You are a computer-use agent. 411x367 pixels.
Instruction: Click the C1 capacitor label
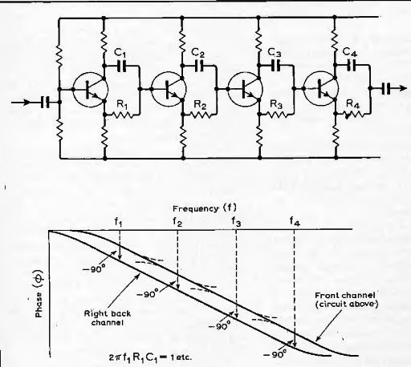tap(120, 52)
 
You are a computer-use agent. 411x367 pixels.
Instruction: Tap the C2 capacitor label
tap(198, 53)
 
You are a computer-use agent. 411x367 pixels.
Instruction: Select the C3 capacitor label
tap(275, 52)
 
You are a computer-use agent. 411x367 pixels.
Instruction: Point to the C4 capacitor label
tap(350, 51)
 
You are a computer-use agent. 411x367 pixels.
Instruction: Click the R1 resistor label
tap(122, 104)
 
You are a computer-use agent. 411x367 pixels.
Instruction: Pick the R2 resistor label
tap(200, 105)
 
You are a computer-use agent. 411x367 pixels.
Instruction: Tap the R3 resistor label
tap(276, 104)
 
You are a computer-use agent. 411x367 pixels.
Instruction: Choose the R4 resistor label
tap(352, 104)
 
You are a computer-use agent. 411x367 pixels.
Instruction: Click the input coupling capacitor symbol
tap(45, 102)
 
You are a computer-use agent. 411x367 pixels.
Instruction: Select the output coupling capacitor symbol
tap(385, 89)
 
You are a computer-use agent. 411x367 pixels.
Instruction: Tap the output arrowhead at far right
tap(403, 88)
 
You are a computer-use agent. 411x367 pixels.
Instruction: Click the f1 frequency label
tap(119, 222)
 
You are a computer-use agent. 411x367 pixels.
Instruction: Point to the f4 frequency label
tap(295, 221)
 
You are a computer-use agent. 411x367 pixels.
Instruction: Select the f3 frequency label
tap(236, 221)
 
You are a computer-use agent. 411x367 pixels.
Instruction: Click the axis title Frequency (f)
tap(205, 208)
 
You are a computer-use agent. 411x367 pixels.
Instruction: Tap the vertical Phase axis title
tap(39, 294)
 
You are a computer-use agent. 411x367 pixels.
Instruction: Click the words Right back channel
tap(108, 318)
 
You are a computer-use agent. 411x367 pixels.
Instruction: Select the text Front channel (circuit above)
tap(346, 300)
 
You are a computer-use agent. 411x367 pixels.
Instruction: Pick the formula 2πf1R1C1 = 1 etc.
tap(151, 357)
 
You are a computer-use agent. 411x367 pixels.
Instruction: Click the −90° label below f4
tap(275, 354)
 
